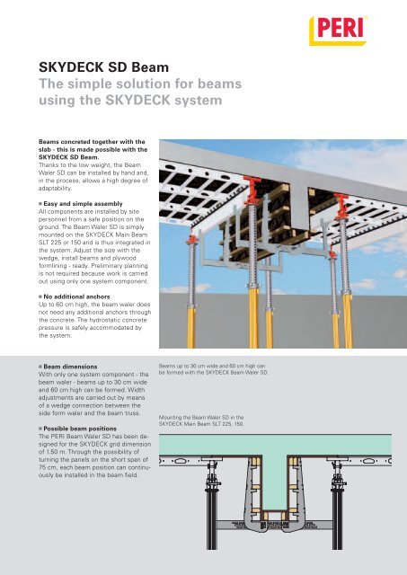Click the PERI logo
point(338,31)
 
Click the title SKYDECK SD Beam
point(103,67)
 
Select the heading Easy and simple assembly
point(83,204)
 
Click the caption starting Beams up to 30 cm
point(214,369)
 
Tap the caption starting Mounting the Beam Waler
point(201,420)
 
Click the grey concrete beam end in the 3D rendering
point(299,209)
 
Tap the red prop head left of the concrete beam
point(252,190)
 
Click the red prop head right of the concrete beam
point(341,206)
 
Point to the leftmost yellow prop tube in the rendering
point(191,327)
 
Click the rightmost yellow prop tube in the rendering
point(348,321)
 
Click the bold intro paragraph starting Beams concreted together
point(93,150)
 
